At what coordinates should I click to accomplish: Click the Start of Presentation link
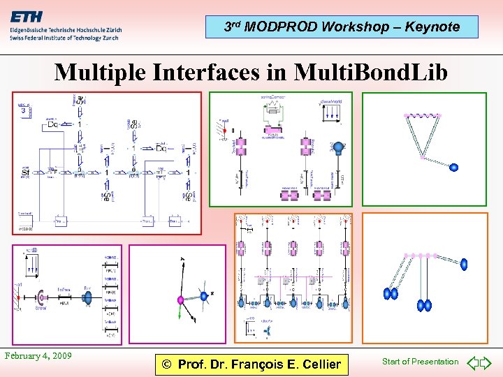(x=420, y=362)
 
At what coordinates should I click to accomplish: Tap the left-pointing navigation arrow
(x=473, y=362)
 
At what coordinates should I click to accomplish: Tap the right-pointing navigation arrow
(x=488, y=362)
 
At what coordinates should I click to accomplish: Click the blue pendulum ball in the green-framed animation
(x=453, y=168)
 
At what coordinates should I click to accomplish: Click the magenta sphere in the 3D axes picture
(x=180, y=300)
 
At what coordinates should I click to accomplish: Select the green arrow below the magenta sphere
(x=180, y=314)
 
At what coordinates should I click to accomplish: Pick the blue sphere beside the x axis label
(x=204, y=296)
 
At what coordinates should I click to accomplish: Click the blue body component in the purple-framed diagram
(x=89, y=297)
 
